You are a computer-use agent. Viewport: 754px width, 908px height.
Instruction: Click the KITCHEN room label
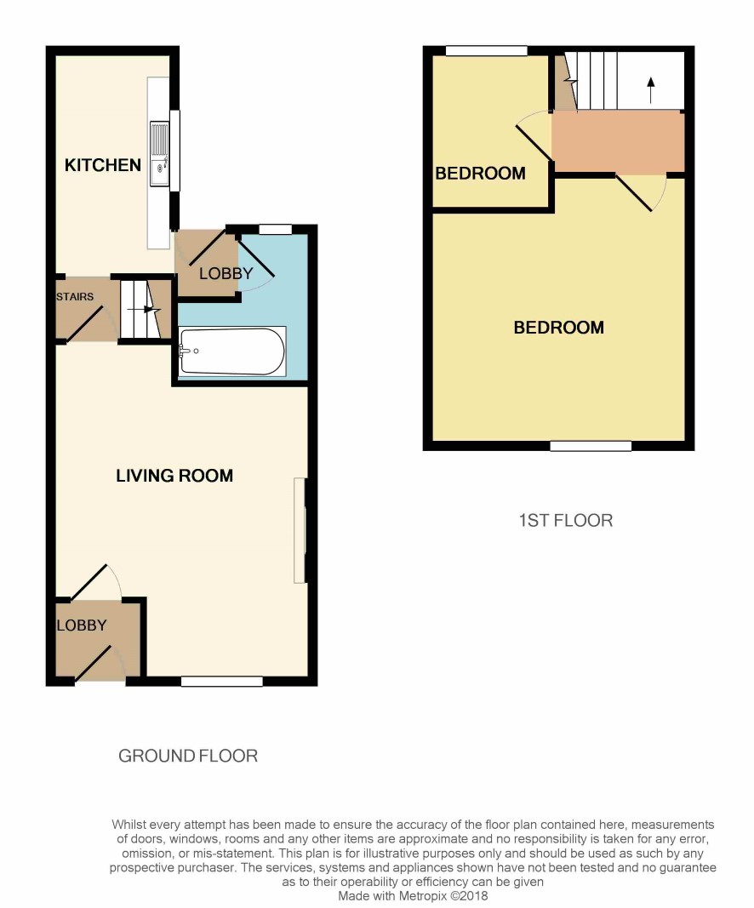tap(102, 165)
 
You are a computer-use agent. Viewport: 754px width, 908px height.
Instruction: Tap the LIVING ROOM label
tap(174, 476)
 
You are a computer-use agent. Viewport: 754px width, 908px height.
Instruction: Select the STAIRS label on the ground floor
tap(75, 296)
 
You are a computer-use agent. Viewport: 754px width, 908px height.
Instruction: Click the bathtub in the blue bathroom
tap(232, 351)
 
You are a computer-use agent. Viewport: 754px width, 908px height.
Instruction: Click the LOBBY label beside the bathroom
tap(226, 273)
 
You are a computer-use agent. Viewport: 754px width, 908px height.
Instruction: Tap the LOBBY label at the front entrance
tap(82, 625)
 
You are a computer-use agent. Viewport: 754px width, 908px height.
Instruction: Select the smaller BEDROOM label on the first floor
tap(480, 173)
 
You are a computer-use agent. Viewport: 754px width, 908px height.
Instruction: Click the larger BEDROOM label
tap(559, 328)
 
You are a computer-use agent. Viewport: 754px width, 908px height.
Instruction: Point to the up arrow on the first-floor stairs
tap(650, 90)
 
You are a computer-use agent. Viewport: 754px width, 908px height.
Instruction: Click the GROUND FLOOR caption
tap(187, 756)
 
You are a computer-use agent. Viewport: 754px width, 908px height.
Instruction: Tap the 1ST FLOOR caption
tap(566, 520)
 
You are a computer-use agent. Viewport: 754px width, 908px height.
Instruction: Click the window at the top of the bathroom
tap(275, 229)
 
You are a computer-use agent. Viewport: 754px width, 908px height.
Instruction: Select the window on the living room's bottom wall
tap(222, 682)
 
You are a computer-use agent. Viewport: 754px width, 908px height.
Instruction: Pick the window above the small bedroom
tap(487, 51)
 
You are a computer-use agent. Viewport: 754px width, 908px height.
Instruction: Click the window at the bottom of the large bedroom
tap(590, 446)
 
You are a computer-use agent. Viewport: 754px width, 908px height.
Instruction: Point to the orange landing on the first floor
tap(617, 140)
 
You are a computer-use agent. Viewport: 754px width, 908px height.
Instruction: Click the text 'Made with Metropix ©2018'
tap(413, 896)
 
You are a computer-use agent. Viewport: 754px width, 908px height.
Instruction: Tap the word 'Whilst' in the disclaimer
tap(129, 824)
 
